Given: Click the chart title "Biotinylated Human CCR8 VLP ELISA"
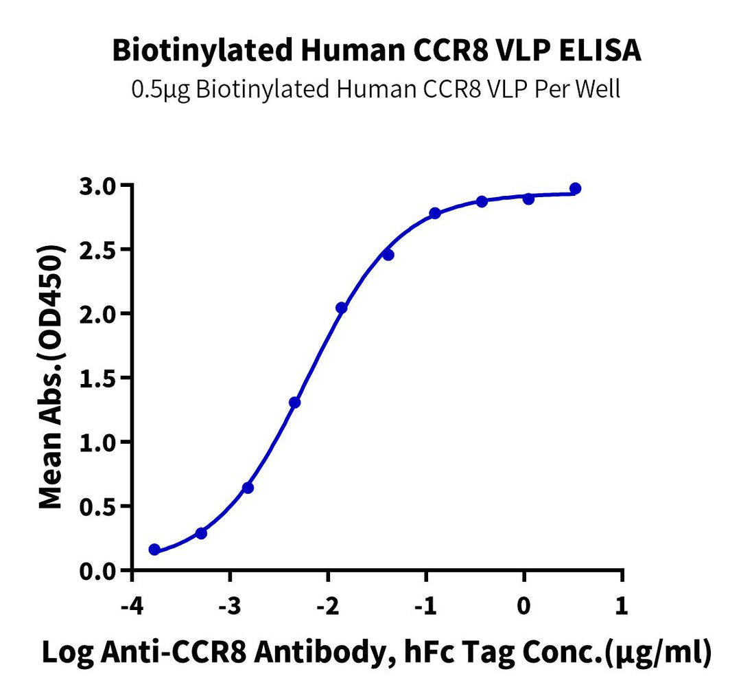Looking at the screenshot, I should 377,51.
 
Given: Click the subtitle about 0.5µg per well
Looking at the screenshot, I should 377,89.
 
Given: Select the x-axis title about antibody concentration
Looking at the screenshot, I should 377,653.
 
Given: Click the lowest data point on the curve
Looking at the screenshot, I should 154,550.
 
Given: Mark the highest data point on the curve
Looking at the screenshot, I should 575,188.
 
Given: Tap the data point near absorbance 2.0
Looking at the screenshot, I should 341,308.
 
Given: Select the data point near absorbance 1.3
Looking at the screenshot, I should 294,403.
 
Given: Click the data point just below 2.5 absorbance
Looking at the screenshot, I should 388,255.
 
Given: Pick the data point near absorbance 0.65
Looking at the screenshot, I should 248,488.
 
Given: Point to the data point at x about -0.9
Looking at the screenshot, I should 435,213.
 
